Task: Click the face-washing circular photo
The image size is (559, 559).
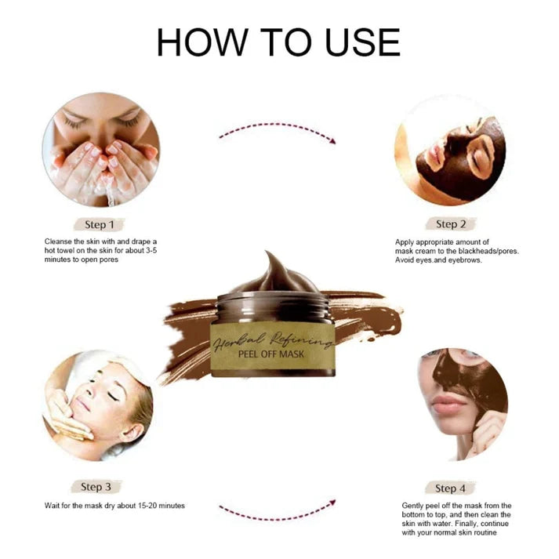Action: pyautogui.click(x=100, y=149)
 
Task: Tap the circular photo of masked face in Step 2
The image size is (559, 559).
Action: pyautogui.click(x=449, y=149)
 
